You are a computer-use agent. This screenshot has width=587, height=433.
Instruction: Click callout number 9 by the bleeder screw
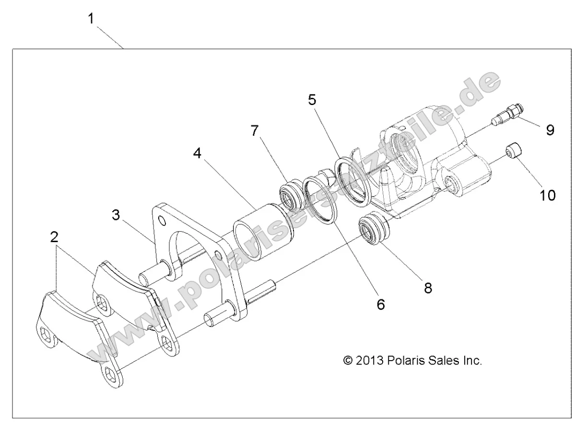pos(550,129)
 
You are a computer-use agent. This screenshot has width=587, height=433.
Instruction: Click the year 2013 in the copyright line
pos(374,360)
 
